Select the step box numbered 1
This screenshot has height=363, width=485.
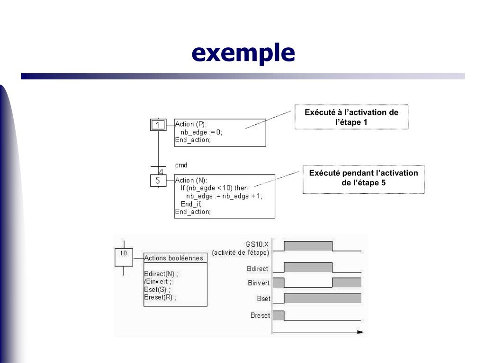(x=158, y=125)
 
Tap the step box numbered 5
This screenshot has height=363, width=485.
(x=158, y=181)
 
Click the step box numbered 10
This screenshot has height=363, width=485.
(x=124, y=257)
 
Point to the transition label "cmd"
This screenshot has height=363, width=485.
(x=181, y=165)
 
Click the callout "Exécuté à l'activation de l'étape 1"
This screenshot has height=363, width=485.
(x=351, y=117)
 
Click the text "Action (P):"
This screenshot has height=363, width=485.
(x=191, y=124)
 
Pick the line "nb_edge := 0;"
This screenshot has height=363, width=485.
(x=201, y=132)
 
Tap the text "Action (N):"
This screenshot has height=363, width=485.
(x=191, y=180)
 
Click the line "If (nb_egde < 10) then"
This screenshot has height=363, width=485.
(x=214, y=188)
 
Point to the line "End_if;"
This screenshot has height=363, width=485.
(x=191, y=204)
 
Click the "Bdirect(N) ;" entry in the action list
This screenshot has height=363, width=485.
(x=162, y=274)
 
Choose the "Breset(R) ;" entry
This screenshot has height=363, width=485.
(x=160, y=297)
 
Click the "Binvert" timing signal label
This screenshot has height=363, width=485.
(x=259, y=283)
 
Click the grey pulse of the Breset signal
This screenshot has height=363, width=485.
(x=278, y=315)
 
